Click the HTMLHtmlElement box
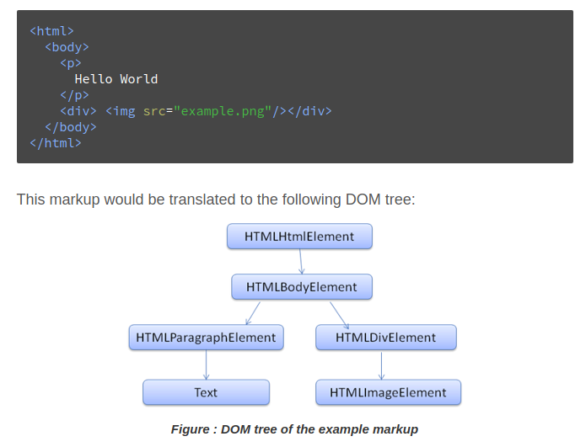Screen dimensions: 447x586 pos(299,237)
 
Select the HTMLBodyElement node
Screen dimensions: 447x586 pos(302,287)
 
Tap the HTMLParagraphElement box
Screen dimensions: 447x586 pos(206,338)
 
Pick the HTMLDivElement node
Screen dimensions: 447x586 pos(385,338)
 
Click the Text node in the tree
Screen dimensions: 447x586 pos(206,392)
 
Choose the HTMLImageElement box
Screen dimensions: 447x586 pos(388,392)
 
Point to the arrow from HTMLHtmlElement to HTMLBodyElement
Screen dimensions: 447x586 pos(301,262)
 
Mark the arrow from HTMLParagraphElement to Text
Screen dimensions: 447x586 pos(206,365)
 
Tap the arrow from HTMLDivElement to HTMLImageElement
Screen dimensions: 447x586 pos(382,365)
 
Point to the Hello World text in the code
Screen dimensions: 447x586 pos(116,79)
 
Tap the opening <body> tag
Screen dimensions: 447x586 pos(67,47)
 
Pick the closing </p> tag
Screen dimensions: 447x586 pos(74,95)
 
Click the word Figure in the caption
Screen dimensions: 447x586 pos(191,429)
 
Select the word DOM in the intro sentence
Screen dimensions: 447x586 pos(362,200)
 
